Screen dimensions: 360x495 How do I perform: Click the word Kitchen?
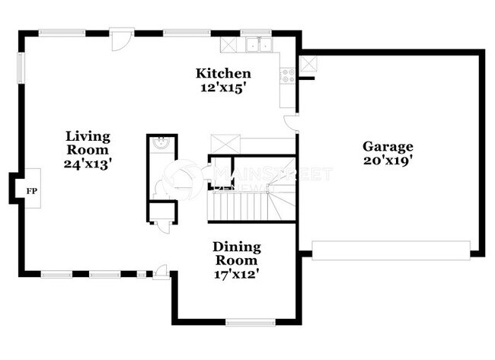coord(223,73)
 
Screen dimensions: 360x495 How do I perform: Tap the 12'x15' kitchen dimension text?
coord(223,88)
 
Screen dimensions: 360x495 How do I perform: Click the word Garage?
coord(388,146)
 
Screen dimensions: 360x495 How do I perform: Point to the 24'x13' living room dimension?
coord(88,164)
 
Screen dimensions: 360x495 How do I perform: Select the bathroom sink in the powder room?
coord(161,144)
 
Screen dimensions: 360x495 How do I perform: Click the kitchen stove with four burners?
coord(288,75)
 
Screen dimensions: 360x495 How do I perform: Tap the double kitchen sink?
coord(258,45)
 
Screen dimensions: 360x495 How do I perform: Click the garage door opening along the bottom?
coord(391,250)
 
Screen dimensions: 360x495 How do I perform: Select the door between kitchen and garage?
coord(292,123)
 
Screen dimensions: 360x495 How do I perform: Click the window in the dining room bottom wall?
coord(249,322)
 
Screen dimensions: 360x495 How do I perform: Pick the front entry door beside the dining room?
coord(161,272)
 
